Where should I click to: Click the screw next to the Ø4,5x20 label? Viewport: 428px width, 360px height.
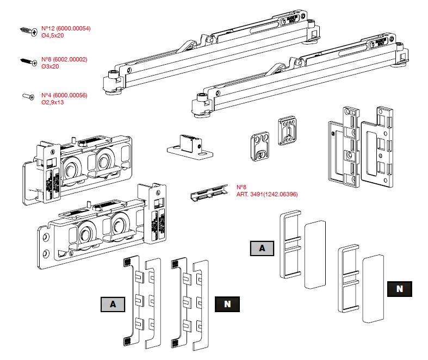point(27,30)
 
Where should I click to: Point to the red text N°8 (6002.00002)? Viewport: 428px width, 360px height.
point(64,59)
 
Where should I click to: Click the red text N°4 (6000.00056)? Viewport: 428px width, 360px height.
point(64,95)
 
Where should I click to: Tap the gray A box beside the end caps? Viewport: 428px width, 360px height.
point(263,249)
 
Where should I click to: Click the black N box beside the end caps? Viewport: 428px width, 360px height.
point(399,289)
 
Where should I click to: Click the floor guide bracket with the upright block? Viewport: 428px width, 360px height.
point(189,146)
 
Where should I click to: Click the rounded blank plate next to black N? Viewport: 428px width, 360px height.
point(373,289)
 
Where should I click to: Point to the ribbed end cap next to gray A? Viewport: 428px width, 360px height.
point(290,246)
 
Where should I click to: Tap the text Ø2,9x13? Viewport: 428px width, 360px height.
point(53,102)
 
